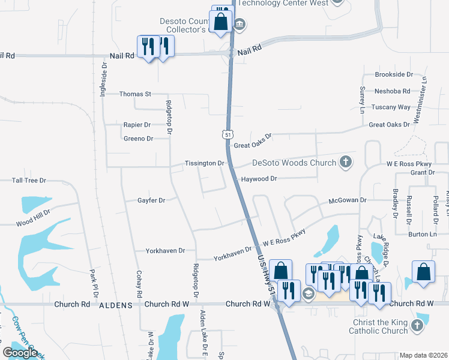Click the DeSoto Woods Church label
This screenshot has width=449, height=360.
coord(293,163)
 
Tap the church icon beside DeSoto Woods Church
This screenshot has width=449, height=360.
coord(345,161)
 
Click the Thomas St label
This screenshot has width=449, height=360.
coord(135,94)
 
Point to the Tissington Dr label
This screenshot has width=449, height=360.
coord(204,163)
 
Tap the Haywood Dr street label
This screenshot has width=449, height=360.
coord(259,179)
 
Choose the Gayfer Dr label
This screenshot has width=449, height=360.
coord(151,200)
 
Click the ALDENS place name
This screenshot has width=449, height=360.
coord(115,305)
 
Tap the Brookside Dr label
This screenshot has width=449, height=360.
coord(394,74)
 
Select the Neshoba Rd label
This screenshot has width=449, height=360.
coord(392,91)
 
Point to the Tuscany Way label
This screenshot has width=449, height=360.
coord(391,107)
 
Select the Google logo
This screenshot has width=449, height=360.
coord(20,353)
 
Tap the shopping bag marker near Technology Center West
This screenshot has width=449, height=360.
coord(221,22)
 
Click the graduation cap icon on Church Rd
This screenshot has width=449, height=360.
coord(308,293)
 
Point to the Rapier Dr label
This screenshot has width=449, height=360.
coord(137,125)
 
